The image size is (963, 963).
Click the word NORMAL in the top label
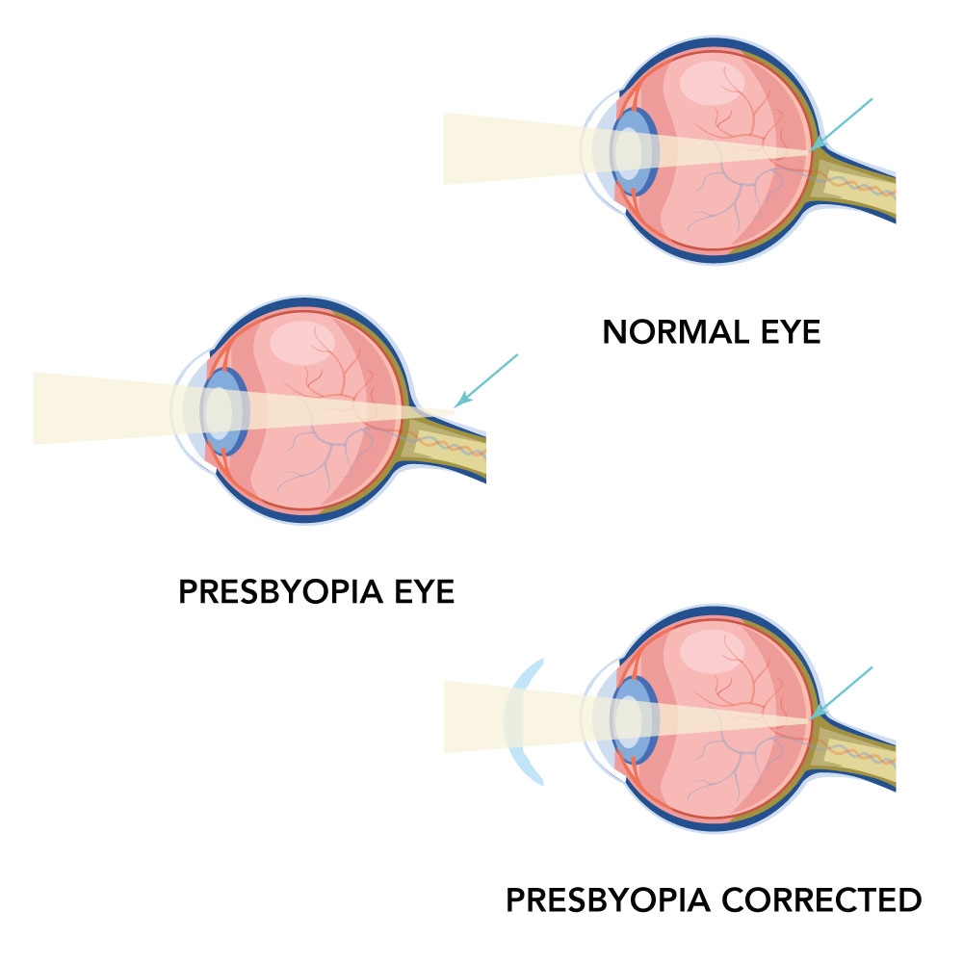pyautogui.click(x=673, y=332)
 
